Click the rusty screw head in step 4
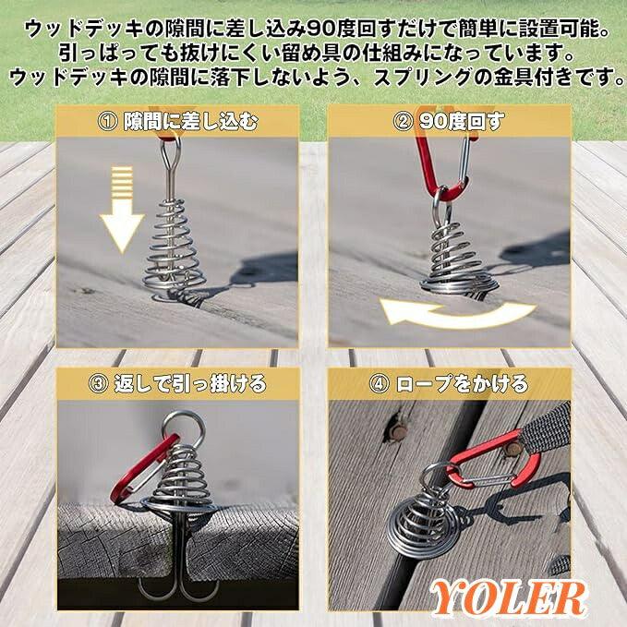click(x=396, y=429)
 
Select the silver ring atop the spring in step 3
click(x=179, y=428)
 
